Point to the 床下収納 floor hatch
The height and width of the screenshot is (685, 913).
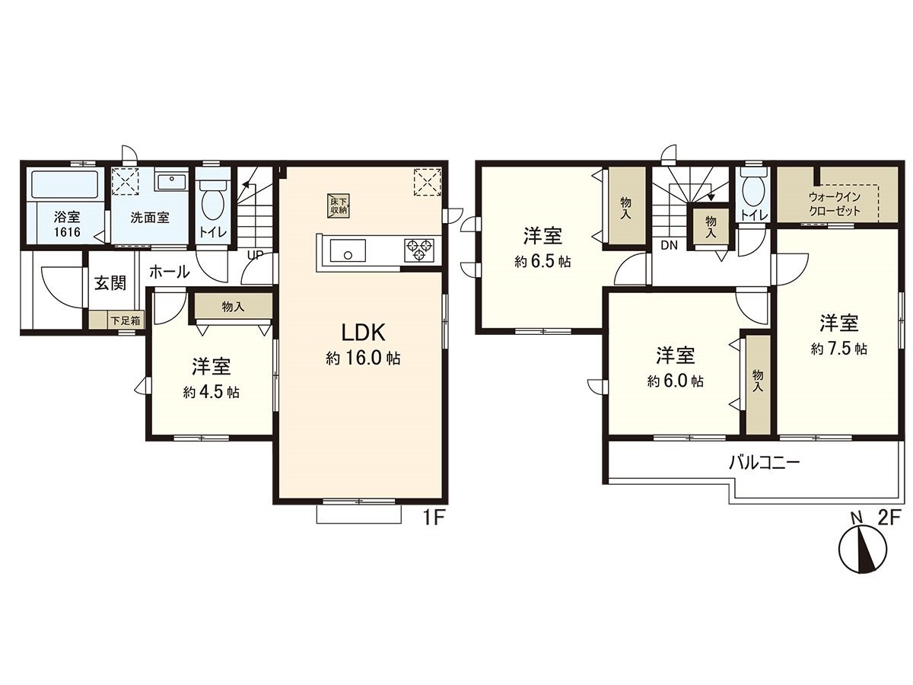[x=339, y=204]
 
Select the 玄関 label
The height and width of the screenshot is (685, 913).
[x=110, y=283]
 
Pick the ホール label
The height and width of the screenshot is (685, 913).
[x=169, y=271]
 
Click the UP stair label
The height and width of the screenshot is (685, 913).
[x=255, y=256]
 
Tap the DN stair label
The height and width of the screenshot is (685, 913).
[x=670, y=245]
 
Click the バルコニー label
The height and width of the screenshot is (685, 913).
[x=764, y=462]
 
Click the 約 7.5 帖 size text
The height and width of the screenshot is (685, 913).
[x=839, y=349]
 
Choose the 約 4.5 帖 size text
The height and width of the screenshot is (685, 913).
[x=211, y=393]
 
